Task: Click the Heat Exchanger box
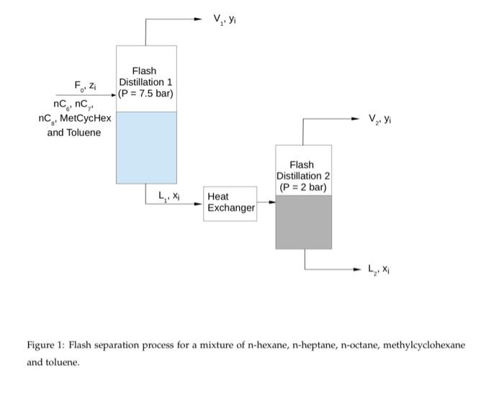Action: [x=230, y=202]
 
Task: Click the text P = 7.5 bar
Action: [x=146, y=94]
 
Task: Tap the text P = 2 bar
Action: [x=303, y=188]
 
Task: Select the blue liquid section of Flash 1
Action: [x=146, y=148]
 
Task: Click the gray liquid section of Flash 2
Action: [x=303, y=222]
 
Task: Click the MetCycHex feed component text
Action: [x=87, y=118]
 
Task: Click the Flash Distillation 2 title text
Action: [x=302, y=171]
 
